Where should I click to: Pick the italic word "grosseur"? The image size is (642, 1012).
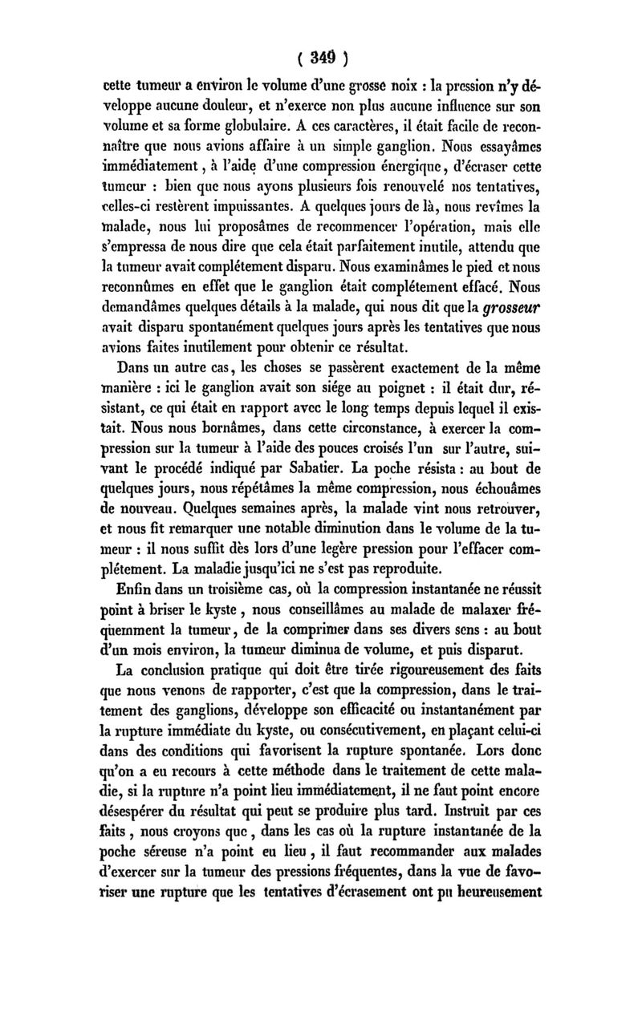pyautogui.click(x=520, y=307)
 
